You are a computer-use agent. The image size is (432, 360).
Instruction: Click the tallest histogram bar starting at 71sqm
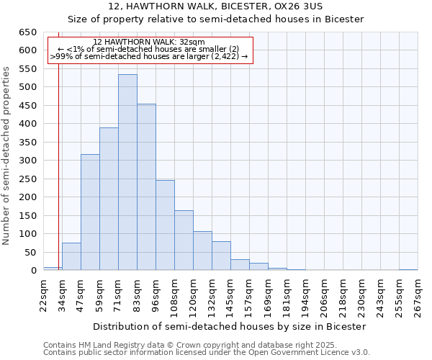coord(127,173)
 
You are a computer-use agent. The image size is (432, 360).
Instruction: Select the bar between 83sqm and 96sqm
coord(146,187)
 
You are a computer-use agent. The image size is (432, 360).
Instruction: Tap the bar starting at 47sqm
coord(90,212)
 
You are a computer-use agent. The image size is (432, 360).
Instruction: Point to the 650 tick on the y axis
coord(27,32)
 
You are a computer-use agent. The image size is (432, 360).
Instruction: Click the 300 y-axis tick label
coord(27,161)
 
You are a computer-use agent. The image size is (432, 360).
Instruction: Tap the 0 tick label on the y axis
coord(33,271)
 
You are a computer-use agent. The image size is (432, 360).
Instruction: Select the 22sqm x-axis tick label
coord(43,295)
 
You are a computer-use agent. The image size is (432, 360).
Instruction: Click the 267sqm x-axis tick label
coord(418,295)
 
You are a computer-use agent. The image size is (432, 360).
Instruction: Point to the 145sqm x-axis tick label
coord(230,295)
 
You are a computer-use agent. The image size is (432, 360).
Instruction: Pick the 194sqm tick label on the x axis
coord(305,295)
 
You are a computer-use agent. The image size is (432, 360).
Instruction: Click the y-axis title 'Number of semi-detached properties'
coord(6,155)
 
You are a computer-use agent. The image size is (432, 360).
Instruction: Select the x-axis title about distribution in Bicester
coord(230,326)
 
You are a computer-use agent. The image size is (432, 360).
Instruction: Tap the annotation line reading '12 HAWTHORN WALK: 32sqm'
coord(149,42)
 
